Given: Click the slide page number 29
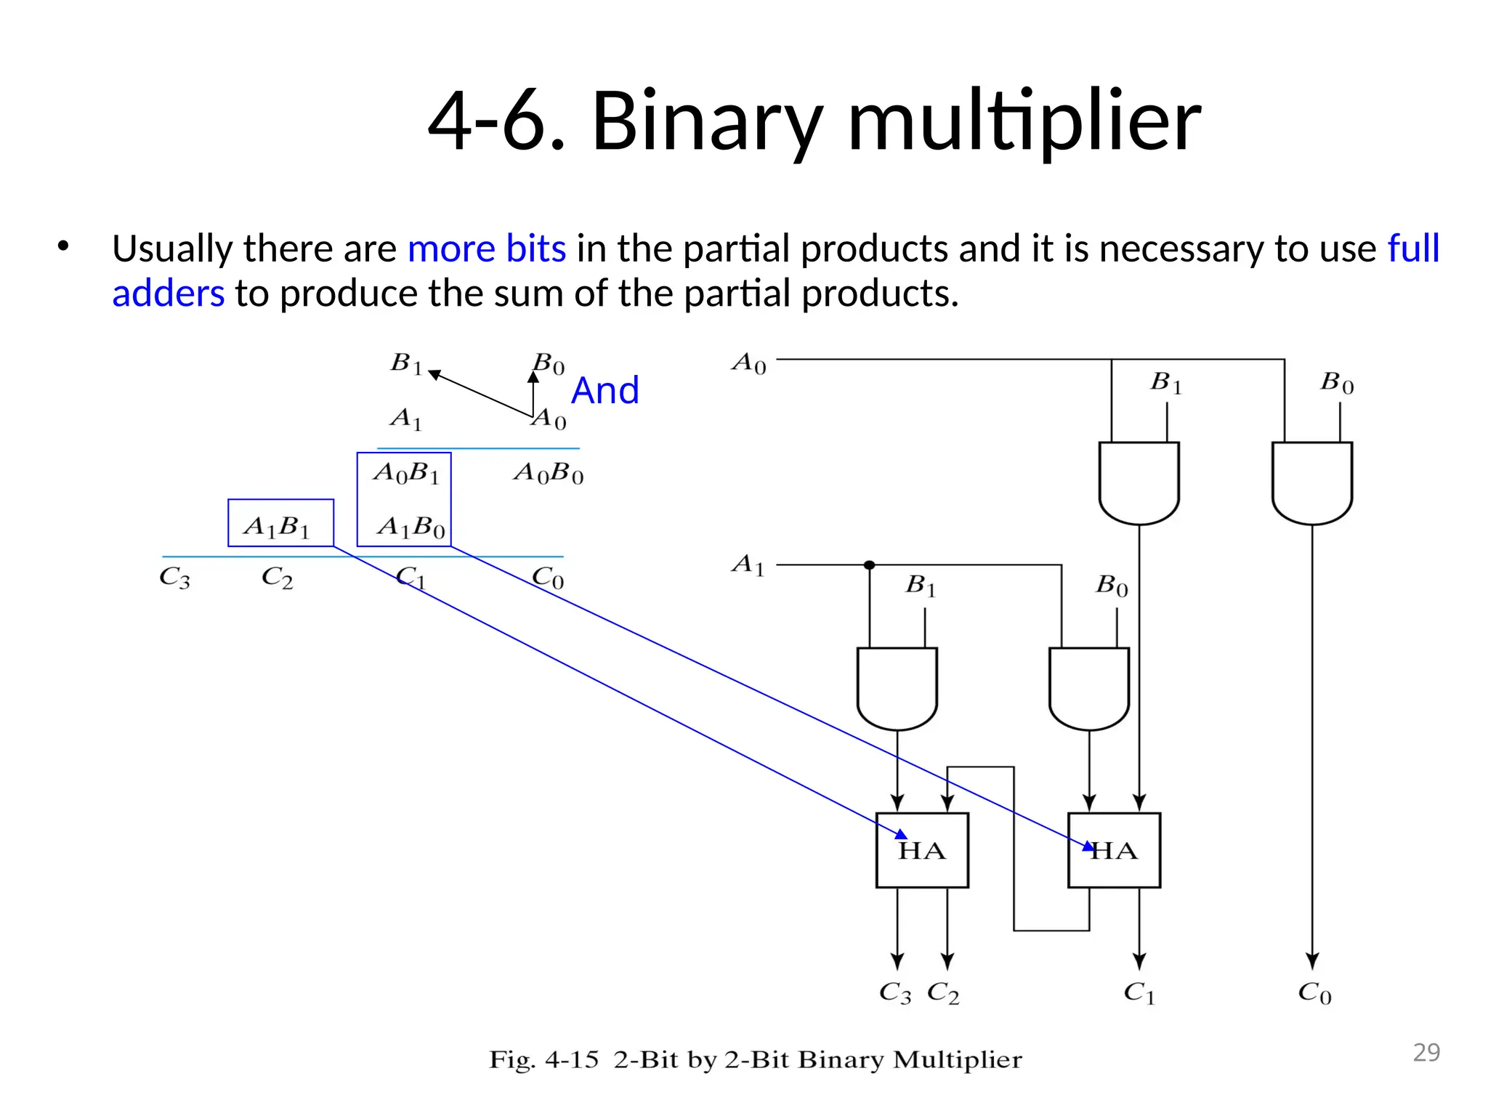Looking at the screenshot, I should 1426,1052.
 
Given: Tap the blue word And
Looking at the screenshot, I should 604,391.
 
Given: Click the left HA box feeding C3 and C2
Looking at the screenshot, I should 921,850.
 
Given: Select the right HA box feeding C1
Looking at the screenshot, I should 1114,850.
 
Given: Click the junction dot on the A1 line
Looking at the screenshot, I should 869,565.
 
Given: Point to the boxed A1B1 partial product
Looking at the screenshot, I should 280,523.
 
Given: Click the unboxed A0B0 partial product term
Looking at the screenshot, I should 549,474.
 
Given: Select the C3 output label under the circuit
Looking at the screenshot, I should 894,992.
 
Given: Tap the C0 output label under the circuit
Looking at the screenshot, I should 1314,992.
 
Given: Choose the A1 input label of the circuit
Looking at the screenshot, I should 748,565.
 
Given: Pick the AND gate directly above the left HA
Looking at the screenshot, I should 897,687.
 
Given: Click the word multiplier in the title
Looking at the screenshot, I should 1024,121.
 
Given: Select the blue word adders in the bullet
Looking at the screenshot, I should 168,294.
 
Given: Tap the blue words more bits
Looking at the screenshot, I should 486,248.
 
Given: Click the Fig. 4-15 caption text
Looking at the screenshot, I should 756,1059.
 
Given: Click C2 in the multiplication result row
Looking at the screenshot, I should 277,578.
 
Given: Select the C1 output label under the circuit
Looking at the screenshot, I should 1139,992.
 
